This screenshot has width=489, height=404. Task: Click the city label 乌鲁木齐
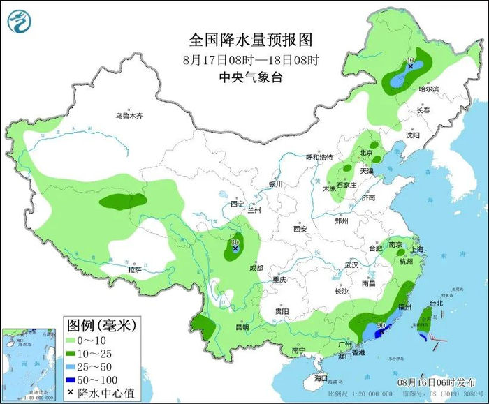tap(129, 117)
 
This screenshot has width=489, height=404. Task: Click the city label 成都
tap(256, 267)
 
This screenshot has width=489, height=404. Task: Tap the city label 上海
tap(419, 248)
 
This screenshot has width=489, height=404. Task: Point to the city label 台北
tap(436, 304)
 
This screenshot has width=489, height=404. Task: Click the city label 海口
tap(321, 377)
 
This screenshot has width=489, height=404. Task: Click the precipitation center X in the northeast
tap(411, 66)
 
